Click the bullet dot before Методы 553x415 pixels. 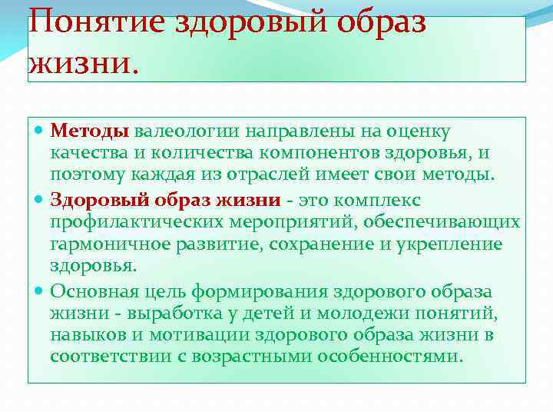click(x=40, y=131)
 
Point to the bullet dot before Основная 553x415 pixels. click(x=40, y=292)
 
